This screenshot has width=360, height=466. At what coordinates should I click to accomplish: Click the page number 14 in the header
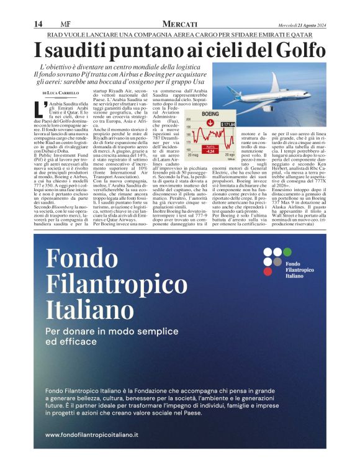coord(38,24)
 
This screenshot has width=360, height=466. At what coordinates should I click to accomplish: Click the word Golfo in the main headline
coord(299,49)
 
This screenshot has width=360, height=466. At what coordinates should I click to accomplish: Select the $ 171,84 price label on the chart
coord(228,124)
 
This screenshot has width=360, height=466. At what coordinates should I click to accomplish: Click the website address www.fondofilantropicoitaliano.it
coord(91,435)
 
